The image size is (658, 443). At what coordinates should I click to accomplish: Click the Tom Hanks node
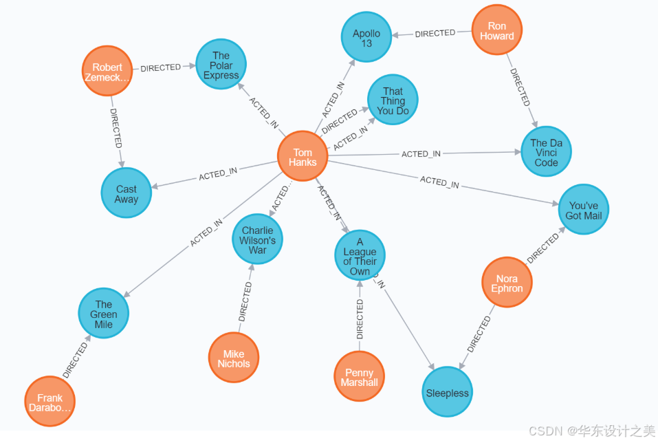click(x=303, y=157)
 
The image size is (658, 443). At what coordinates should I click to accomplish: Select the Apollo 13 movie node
click(x=366, y=38)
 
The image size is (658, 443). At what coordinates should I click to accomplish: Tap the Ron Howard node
click(x=496, y=31)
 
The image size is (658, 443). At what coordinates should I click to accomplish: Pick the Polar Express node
click(x=221, y=65)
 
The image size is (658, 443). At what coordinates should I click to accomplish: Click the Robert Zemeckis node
click(x=107, y=72)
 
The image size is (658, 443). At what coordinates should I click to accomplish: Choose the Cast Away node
click(x=127, y=193)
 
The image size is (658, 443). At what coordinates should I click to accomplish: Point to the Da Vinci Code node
click(x=546, y=153)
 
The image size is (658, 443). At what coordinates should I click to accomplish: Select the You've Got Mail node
click(x=583, y=210)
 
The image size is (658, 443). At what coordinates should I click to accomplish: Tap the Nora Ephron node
click(x=507, y=283)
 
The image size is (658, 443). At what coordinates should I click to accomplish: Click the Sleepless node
click(x=447, y=393)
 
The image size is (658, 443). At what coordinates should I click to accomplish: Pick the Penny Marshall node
click(x=359, y=376)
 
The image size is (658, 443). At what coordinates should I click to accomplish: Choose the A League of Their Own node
click(x=360, y=256)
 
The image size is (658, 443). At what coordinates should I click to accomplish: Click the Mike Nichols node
click(x=234, y=358)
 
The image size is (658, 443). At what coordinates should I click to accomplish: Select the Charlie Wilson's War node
click(x=258, y=240)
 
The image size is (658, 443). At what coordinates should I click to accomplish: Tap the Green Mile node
click(x=104, y=314)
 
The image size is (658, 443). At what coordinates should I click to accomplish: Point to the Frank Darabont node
click(x=50, y=402)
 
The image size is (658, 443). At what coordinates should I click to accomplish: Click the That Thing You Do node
click(x=393, y=100)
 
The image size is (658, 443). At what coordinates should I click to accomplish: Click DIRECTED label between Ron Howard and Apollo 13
click(x=435, y=33)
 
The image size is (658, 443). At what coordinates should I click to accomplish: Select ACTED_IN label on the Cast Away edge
click(x=218, y=174)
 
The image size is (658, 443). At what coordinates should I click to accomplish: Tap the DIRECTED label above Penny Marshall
click(x=360, y=319)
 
